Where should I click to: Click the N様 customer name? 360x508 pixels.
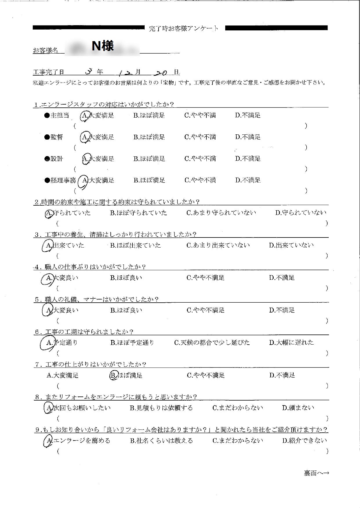point(103,46)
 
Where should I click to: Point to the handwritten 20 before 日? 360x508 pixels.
point(160,72)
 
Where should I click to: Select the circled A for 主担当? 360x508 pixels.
point(85,116)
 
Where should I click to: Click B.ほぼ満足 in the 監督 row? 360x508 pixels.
point(149,137)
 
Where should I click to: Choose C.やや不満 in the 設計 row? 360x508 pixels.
point(200,159)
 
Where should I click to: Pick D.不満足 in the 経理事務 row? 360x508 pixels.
point(248,180)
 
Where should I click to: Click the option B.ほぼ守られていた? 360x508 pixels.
point(139,213)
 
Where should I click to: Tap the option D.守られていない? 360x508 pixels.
point(301,213)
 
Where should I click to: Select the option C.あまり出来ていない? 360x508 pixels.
point(218,246)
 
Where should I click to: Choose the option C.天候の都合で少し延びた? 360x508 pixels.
point(212,343)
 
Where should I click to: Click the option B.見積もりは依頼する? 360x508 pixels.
point(161,408)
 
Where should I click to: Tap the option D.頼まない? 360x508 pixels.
point(298,408)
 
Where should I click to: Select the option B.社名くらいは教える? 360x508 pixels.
point(161,441)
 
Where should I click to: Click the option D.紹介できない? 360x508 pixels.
point(304,441)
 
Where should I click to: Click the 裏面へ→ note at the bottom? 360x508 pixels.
point(316,473)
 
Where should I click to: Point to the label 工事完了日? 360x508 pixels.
point(49,72)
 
